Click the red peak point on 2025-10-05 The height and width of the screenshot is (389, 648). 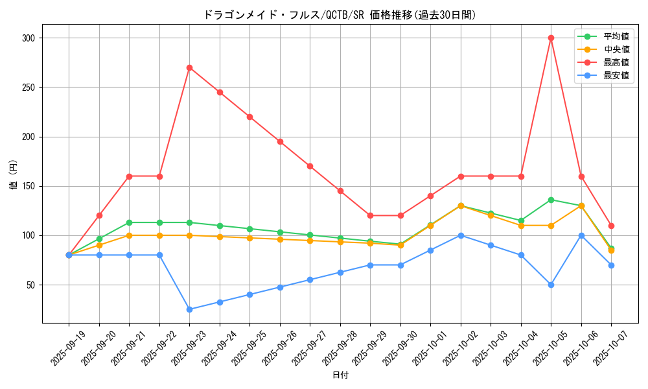tap(551, 38)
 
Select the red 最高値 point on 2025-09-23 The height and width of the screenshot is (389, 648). tap(189, 67)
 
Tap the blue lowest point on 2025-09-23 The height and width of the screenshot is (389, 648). tap(189, 309)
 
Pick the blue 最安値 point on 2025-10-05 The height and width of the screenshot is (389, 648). tap(551, 285)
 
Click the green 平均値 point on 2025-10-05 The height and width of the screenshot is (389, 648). tap(551, 200)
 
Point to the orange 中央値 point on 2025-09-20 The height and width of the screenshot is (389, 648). tap(99, 245)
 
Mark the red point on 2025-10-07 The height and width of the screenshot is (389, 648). tap(611, 226)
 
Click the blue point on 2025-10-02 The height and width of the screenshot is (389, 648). tap(461, 235)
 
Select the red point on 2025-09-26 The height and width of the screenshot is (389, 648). tap(280, 141)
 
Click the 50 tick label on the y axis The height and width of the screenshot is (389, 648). tap(30, 285)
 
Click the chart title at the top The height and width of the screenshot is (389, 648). tap(340, 15)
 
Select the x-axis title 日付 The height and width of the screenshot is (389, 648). tap(340, 375)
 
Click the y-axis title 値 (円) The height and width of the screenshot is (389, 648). tap(13, 175)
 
